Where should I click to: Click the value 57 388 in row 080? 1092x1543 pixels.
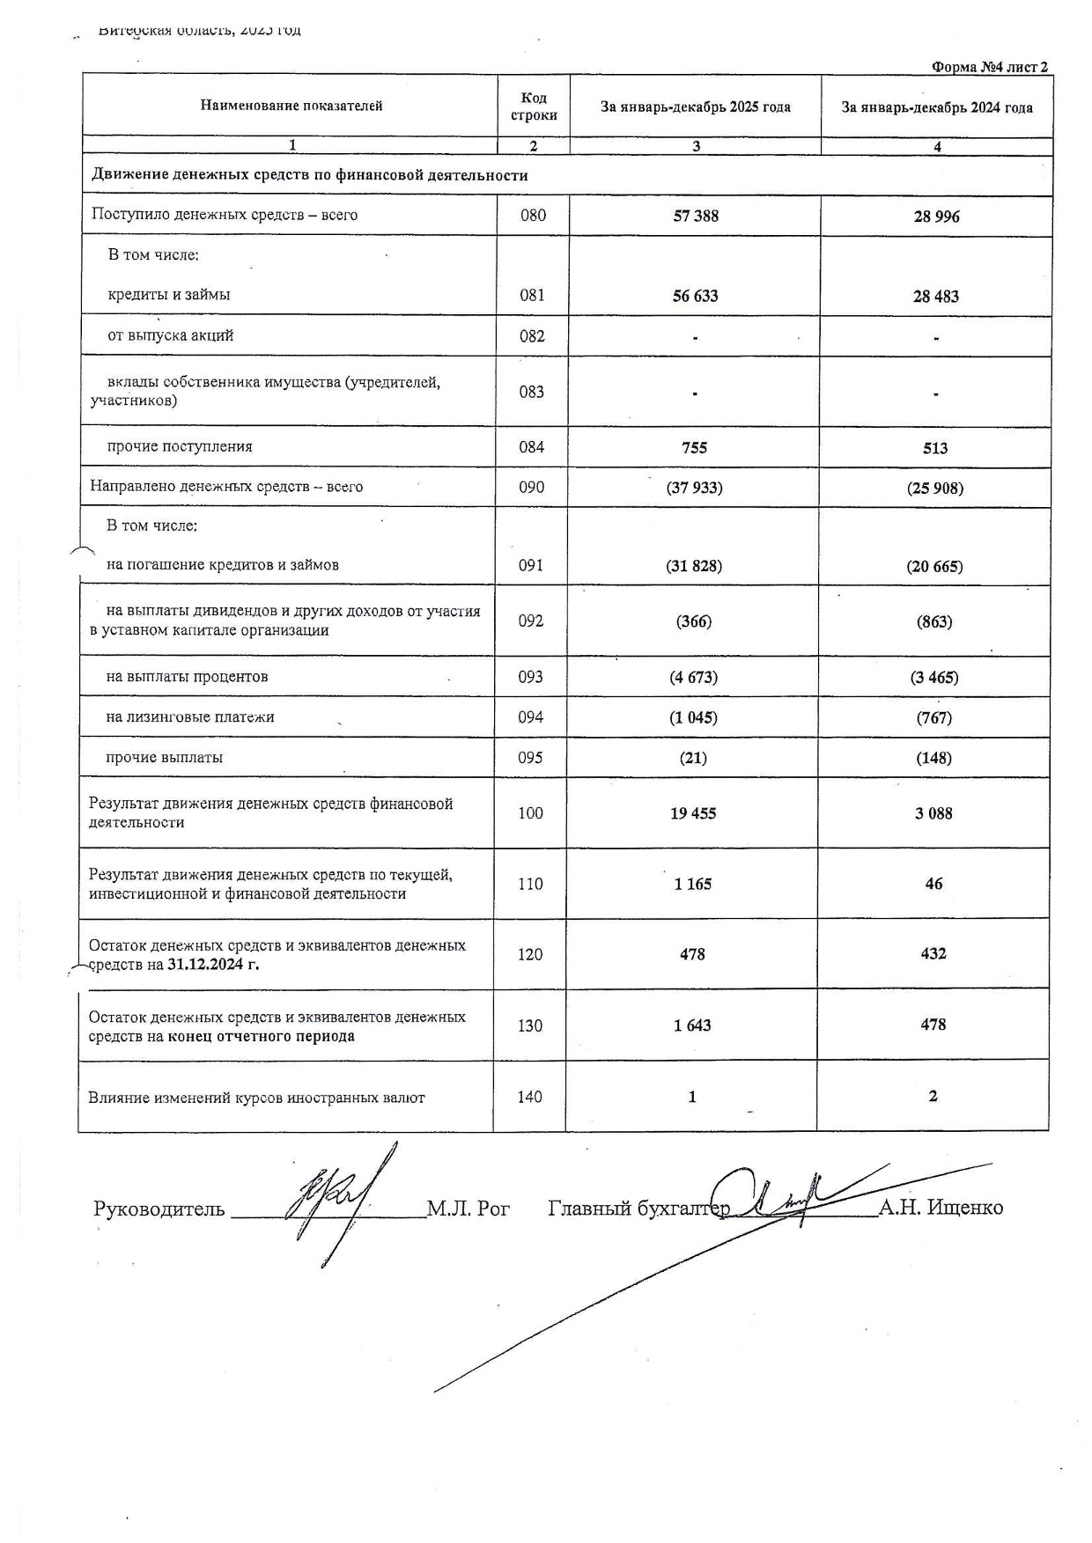pyautogui.click(x=696, y=216)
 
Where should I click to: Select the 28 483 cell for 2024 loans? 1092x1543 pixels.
pyautogui.click(x=935, y=297)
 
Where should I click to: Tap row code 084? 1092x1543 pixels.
pyautogui.click(x=532, y=447)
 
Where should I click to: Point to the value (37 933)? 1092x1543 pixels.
pyautogui.click(x=694, y=488)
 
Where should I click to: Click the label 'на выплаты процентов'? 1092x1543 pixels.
pyautogui.click(x=187, y=677)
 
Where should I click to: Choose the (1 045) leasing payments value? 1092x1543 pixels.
pyautogui.click(x=693, y=717)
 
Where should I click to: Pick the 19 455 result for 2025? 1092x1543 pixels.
pyautogui.click(x=693, y=813)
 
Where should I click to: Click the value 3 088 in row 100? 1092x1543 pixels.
pyautogui.click(x=933, y=813)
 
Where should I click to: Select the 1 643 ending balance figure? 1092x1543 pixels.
pyautogui.click(x=692, y=1025)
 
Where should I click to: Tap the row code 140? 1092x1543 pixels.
pyautogui.click(x=530, y=1097)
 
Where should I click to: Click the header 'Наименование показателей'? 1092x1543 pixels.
pyautogui.click(x=291, y=106)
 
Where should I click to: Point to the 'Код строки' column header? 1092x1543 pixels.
pyautogui.click(x=534, y=107)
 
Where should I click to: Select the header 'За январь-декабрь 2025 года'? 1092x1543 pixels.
pyautogui.click(x=696, y=107)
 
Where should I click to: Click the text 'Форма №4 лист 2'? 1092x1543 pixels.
pyautogui.click(x=989, y=67)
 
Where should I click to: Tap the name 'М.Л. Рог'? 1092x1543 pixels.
pyautogui.click(x=469, y=1209)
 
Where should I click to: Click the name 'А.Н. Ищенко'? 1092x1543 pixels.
pyautogui.click(x=941, y=1208)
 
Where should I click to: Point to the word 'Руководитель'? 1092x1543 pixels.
pyautogui.click(x=159, y=1209)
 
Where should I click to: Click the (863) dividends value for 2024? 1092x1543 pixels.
pyautogui.click(x=934, y=622)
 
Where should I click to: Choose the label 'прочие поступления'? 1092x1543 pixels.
pyautogui.click(x=180, y=446)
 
